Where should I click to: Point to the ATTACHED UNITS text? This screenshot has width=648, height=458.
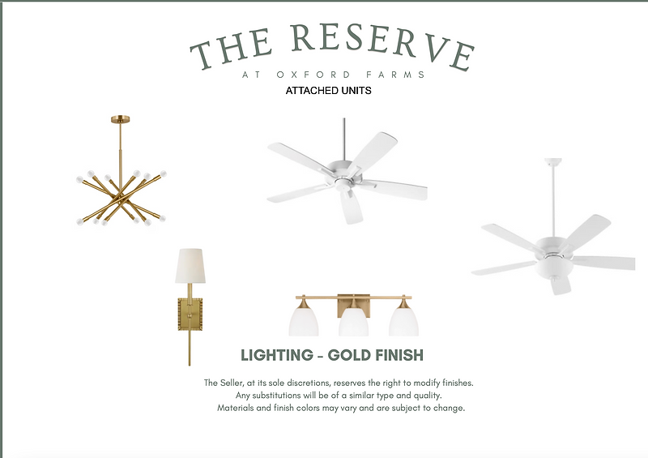pos(329,91)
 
